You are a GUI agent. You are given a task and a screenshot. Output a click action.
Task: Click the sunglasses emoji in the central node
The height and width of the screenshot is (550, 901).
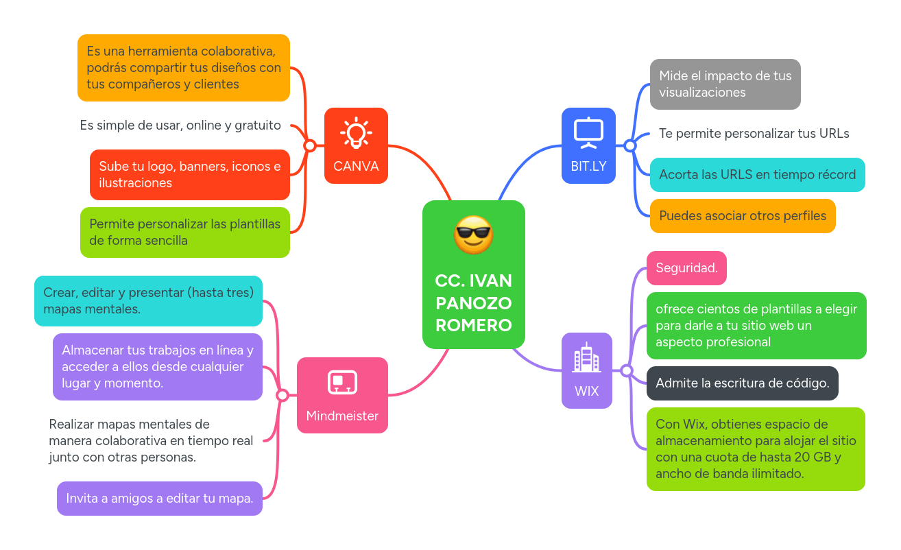pyautogui.click(x=473, y=235)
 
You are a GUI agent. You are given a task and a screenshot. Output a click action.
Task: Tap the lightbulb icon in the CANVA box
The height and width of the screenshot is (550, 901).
pyautogui.click(x=356, y=133)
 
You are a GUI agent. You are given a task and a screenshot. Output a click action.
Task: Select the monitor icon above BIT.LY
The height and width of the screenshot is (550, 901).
pyautogui.click(x=588, y=133)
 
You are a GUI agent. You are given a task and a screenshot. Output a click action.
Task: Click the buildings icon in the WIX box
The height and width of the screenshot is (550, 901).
pyautogui.click(x=586, y=358)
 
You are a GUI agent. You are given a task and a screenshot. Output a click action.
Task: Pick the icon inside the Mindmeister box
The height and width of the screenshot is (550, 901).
pyautogui.click(x=342, y=383)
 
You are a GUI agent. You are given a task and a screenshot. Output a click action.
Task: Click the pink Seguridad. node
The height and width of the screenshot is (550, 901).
pyautogui.click(x=686, y=268)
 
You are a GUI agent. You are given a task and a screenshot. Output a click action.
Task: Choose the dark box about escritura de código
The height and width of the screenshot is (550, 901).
pyautogui.click(x=742, y=383)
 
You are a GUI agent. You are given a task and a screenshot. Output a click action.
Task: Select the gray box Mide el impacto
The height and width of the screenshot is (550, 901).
pyautogui.click(x=725, y=84)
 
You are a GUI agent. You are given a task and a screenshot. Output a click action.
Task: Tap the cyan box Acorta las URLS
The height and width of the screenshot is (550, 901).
pyautogui.click(x=757, y=175)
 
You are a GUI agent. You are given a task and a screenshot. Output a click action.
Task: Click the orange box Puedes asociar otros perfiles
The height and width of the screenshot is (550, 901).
pyautogui.click(x=742, y=216)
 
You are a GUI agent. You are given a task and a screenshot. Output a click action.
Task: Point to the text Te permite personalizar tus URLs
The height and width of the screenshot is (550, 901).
pyautogui.click(x=754, y=134)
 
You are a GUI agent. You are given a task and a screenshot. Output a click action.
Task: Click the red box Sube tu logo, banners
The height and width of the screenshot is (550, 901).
pyautogui.click(x=190, y=175)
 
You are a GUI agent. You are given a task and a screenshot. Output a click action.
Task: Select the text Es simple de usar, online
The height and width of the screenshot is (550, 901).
pyautogui.click(x=180, y=125)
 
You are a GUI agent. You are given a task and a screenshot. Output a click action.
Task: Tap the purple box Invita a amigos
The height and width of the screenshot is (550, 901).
pyautogui.click(x=160, y=499)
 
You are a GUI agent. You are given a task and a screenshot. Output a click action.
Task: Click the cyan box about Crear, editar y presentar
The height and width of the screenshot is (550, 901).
pyautogui.click(x=149, y=301)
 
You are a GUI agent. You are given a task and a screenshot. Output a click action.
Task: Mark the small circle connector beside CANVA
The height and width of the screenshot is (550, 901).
pyautogui.click(x=309, y=145)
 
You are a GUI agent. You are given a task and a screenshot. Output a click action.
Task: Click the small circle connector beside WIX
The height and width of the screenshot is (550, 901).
pyautogui.click(x=626, y=371)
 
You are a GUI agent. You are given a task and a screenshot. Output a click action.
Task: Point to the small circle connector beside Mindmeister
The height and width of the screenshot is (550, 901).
pyautogui.click(x=282, y=396)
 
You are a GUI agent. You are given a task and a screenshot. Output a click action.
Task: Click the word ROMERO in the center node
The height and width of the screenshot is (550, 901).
pyautogui.click(x=473, y=325)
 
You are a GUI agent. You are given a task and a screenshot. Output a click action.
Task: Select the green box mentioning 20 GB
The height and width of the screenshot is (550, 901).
pyautogui.click(x=756, y=449)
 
